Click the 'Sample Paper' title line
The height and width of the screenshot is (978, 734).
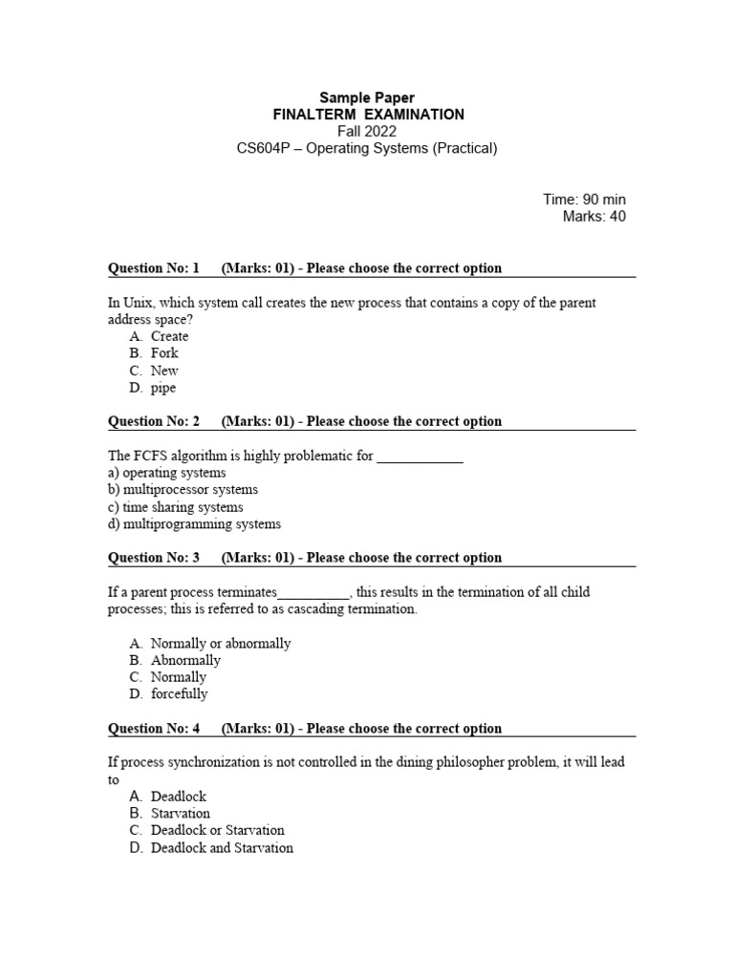click(367, 97)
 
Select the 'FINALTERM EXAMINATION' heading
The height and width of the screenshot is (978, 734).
click(368, 115)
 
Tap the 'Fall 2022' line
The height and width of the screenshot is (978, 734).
click(367, 131)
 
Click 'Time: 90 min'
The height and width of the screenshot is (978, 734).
click(584, 199)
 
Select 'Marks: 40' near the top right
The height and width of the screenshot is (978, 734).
click(594, 216)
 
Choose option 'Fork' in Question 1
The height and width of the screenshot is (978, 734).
click(164, 353)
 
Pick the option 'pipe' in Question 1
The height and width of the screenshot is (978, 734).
click(163, 388)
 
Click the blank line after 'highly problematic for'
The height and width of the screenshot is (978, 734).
click(420, 457)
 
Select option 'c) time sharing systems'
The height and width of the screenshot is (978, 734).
click(176, 507)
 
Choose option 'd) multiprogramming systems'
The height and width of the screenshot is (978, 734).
click(194, 524)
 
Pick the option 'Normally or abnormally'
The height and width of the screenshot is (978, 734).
click(221, 644)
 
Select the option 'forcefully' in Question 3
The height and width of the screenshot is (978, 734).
click(179, 694)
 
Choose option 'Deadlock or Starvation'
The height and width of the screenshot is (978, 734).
click(217, 831)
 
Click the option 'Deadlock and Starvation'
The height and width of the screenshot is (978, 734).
click(222, 848)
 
